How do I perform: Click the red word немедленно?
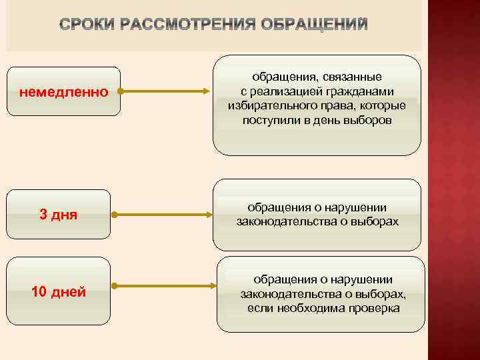(63, 92)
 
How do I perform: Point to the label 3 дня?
(59, 215)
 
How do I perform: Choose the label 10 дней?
(59, 291)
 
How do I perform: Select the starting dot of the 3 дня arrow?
(115, 215)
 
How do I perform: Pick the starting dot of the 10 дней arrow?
(115, 286)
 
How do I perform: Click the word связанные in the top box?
(351, 77)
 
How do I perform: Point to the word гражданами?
(363, 92)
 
